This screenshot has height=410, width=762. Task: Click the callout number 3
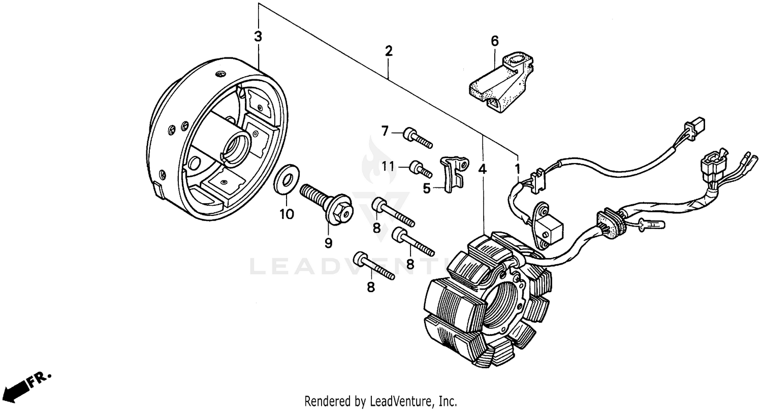click(258, 37)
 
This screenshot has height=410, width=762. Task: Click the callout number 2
click(389, 51)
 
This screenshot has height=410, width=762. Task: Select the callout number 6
click(495, 40)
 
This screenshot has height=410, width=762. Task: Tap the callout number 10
click(287, 214)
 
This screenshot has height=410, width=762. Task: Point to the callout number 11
click(388, 166)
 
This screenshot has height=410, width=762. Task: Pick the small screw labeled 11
click(422, 168)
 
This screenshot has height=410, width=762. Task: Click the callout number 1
click(518, 168)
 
